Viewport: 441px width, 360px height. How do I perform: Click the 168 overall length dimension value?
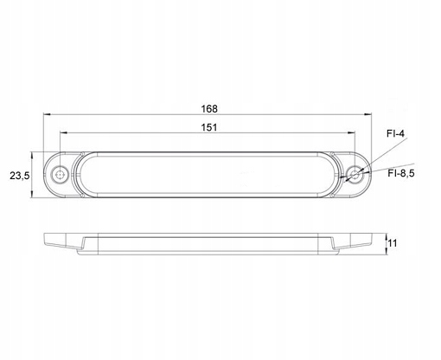[209, 109]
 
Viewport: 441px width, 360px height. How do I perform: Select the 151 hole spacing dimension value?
[209, 127]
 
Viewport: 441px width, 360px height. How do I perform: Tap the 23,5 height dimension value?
[20, 176]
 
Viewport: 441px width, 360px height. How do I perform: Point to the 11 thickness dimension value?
[393, 243]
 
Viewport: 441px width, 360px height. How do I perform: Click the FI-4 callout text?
[396, 133]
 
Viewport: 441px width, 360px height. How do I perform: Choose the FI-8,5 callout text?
[401, 173]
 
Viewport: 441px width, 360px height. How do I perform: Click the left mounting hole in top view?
[60, 175]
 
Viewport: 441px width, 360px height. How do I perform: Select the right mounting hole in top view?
[355, 174]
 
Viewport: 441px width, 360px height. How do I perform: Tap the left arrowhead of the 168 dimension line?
[47, 114]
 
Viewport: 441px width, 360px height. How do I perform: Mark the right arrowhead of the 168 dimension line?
[368, 114]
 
